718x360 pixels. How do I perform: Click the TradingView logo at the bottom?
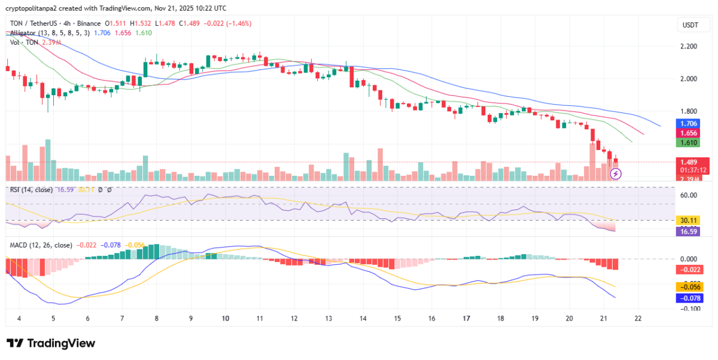51,343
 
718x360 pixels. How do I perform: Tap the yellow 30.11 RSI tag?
684,220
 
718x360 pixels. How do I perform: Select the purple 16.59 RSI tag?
684,230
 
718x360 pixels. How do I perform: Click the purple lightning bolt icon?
616,174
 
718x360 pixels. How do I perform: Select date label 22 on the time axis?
638,318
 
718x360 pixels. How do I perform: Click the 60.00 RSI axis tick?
688,195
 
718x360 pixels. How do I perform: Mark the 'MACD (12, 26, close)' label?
41,245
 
